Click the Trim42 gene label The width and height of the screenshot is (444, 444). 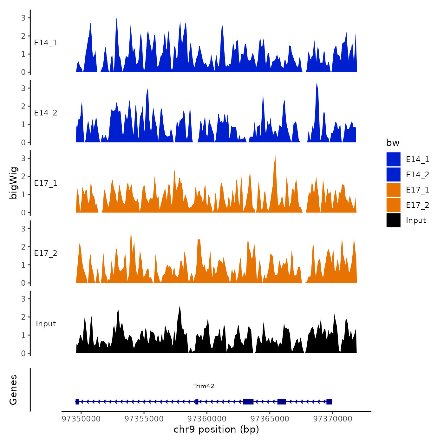pyautogui.click(x=204, y=386)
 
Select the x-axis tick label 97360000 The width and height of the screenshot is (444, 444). pyautogui.click(x=207, y=419)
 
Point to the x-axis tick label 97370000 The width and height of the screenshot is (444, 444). pyautogui.click(x=333, y=419)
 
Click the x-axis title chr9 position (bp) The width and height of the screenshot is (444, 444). pyautogui.click(x=216, y=429)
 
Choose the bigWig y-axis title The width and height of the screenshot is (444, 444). pyautogui.click(x=13, y=183)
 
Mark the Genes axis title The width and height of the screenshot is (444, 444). pyautogui.click(x=13, y=390)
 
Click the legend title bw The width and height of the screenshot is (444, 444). pyautogui.click(x=393, y=143)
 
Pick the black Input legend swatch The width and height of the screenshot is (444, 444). pyautogui.click(x=393, y=220)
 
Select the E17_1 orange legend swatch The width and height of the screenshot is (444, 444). pyautogui.click(x=393, y=190)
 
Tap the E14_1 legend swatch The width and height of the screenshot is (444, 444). pyautogui.click(x=393, y=159)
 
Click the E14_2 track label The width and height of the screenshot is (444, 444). pyautogui.click(x=46, y=113)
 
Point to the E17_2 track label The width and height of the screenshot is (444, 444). pyautogui.click(x=46, y=253)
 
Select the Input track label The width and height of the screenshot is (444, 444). pyautogui.click(x=46, y=323)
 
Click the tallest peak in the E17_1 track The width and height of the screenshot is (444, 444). pyautogui.click(x=275, y=156)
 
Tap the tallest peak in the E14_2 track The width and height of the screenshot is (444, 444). pyautogui.click(x=317, y=84)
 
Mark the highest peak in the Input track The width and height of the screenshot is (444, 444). pyautogui.click(x=180, y=307)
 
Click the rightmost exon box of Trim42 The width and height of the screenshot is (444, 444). pyautogui.click(x=329, y=402)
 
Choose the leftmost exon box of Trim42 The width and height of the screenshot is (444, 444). pyautogui.click(x=77, y=402)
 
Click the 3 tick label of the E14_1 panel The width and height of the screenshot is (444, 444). pyautogui.click(x=23, y=18)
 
